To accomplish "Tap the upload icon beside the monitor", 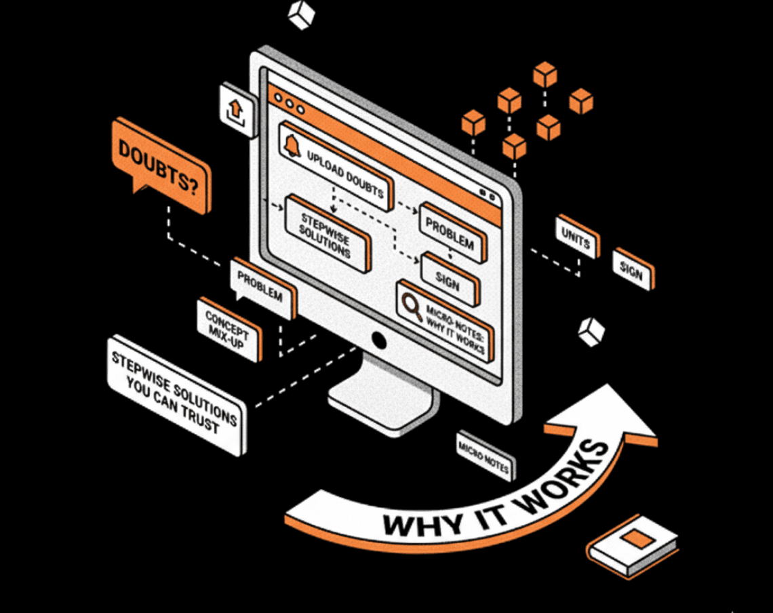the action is coord(237,108).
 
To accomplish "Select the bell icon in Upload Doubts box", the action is coord(293,145).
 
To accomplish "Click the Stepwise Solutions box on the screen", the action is coord(328,233).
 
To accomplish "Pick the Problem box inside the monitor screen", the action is coord(452,231).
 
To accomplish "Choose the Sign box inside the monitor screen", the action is coord(448,277).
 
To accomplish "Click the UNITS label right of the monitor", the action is coord(577,237).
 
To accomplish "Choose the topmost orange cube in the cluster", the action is coord(544,74).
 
